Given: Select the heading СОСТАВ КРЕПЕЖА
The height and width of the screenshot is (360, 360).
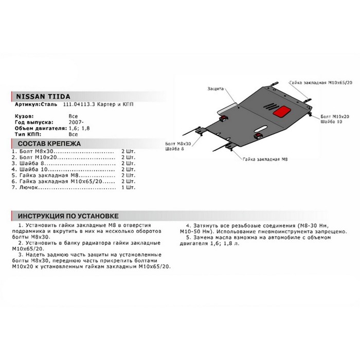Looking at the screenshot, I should [x=49, y=144].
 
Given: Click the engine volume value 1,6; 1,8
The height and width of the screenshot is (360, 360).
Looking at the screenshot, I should [x=80, y=128].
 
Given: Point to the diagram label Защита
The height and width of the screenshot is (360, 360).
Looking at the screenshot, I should [x=215, y=88].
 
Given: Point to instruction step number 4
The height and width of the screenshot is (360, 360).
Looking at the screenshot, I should [x=188, y=226].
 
